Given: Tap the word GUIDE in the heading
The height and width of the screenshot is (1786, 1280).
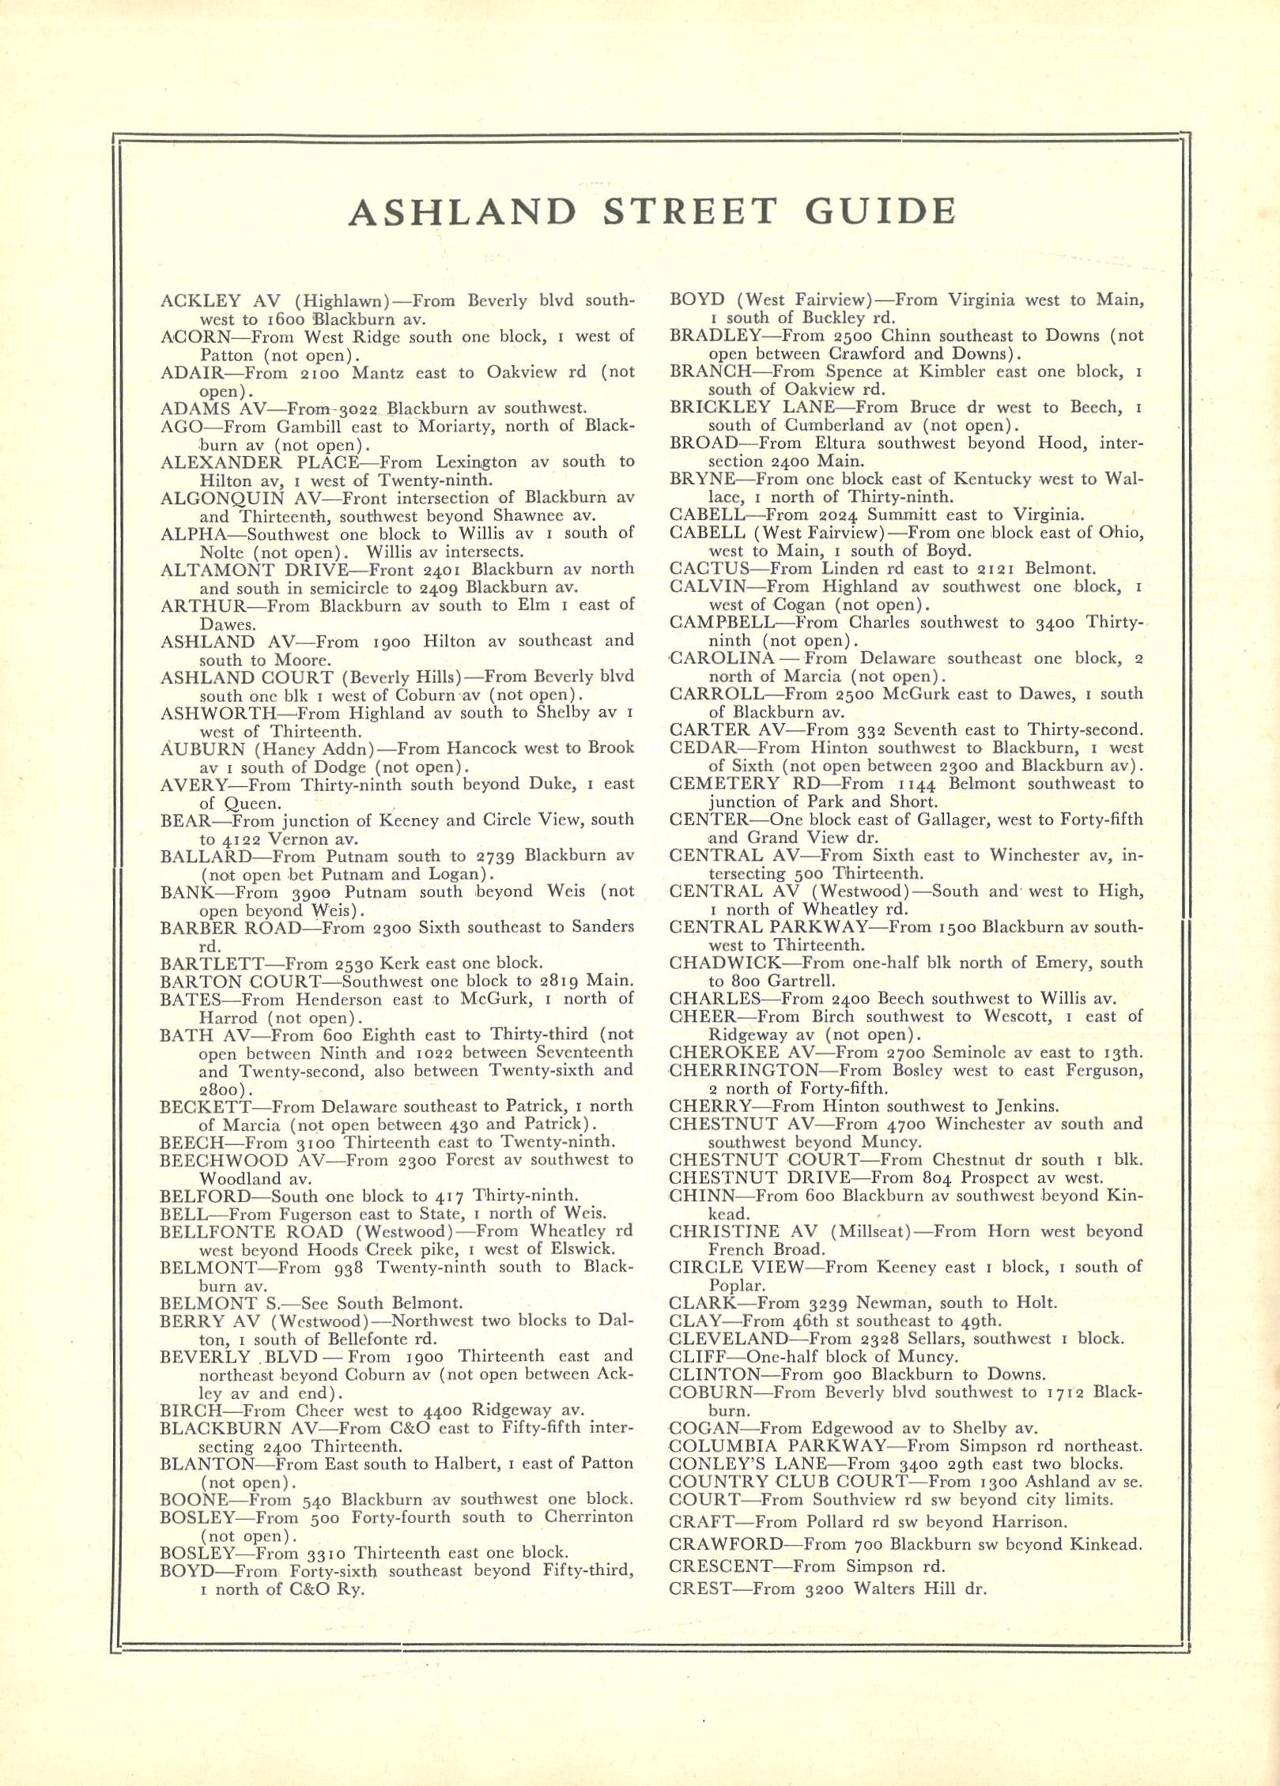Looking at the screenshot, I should [x=879, y=212].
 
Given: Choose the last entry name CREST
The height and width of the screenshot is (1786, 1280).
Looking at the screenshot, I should [x=698, y=1566].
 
